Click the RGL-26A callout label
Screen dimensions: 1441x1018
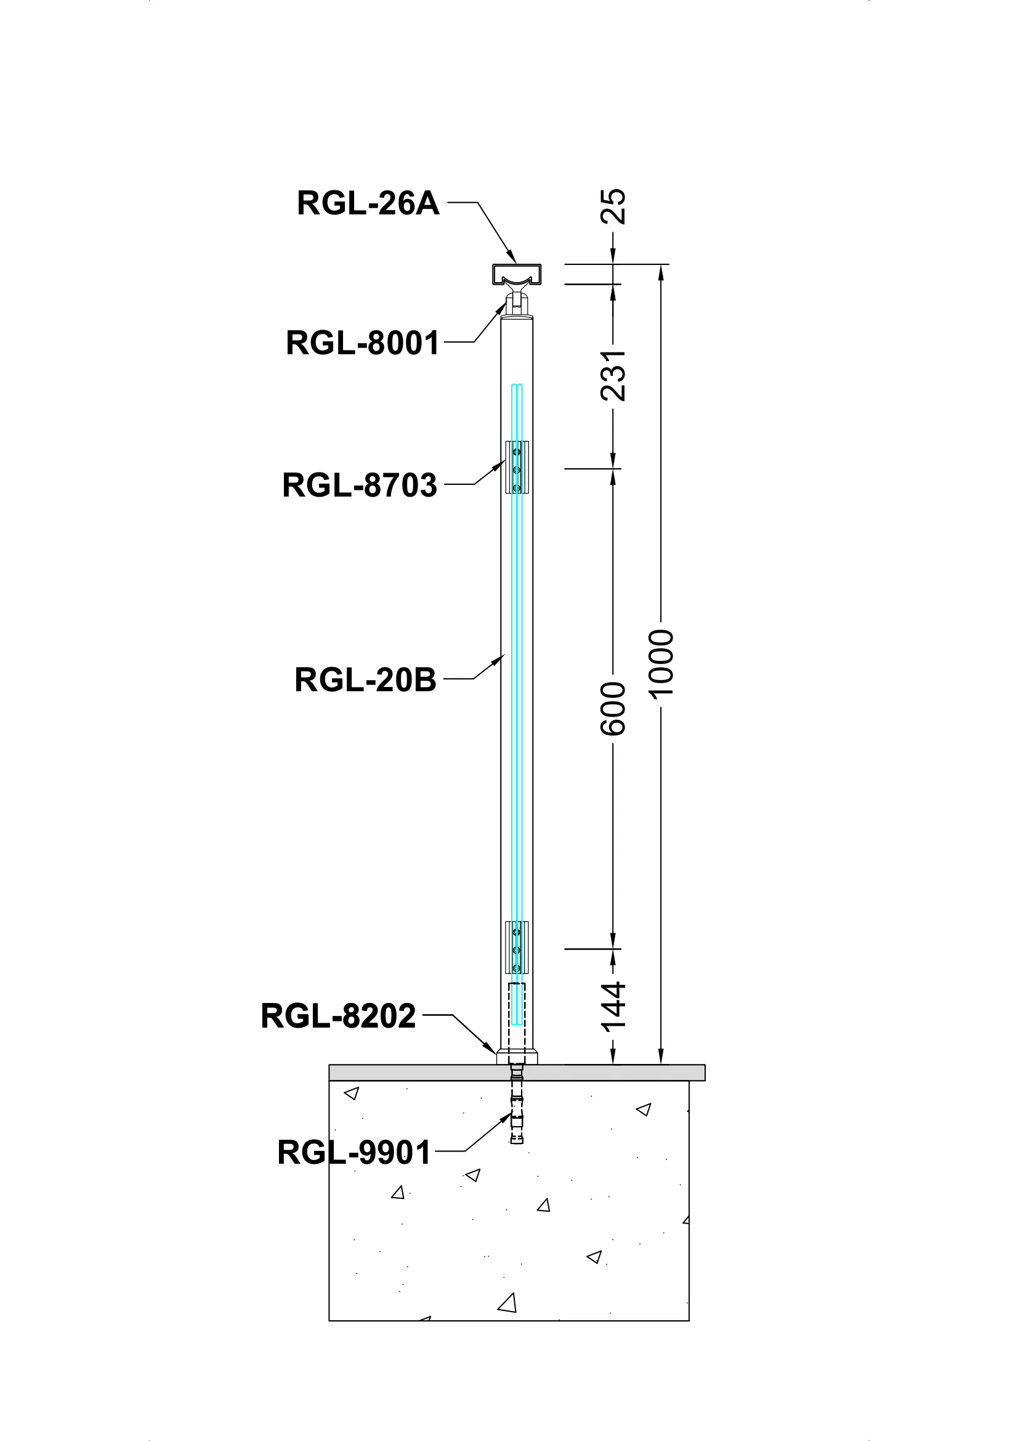pyautogui.click(x=368, y=203)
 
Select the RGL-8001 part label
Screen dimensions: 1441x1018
pyautogui.click(x=363, y=343)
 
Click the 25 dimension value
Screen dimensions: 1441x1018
pyautogui.click(x=613, y=206)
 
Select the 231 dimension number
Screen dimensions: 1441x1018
pyautogui.click(x=613, y=375)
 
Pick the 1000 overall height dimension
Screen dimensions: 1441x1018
pyautogui.click(x=660, y=664)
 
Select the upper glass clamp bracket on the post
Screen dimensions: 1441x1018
pyautogui.click(x=517, y=467)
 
